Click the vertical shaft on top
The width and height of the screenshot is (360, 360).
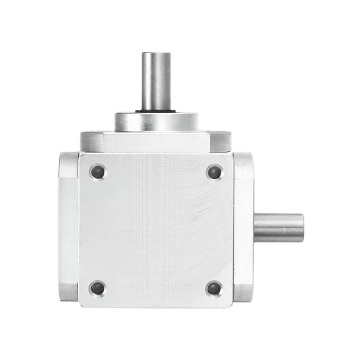pyautogui.click(x=156, y=81)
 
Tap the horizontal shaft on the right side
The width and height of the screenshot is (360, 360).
pyautogui.click(x=278, y=227)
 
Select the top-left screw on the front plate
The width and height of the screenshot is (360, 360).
pyautogui.click(x=97, y=172)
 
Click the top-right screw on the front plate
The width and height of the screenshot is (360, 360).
pyautogui.click(x=214, y=172)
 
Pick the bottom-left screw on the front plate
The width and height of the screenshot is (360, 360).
pyautogui.click(x=97, y=288)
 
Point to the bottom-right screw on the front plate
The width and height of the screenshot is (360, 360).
pyautogui.click(x=214, y=288)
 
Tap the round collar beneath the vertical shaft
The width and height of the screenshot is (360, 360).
pyautogui.click(x=156, y=121)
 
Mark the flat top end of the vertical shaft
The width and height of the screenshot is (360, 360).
pyautogui.click(x=156, y=54)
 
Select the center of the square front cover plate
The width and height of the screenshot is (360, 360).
pyautogui.click(x=156, y=229)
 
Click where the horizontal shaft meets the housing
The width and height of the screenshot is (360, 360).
pyautogui.click(x=255, y=227)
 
